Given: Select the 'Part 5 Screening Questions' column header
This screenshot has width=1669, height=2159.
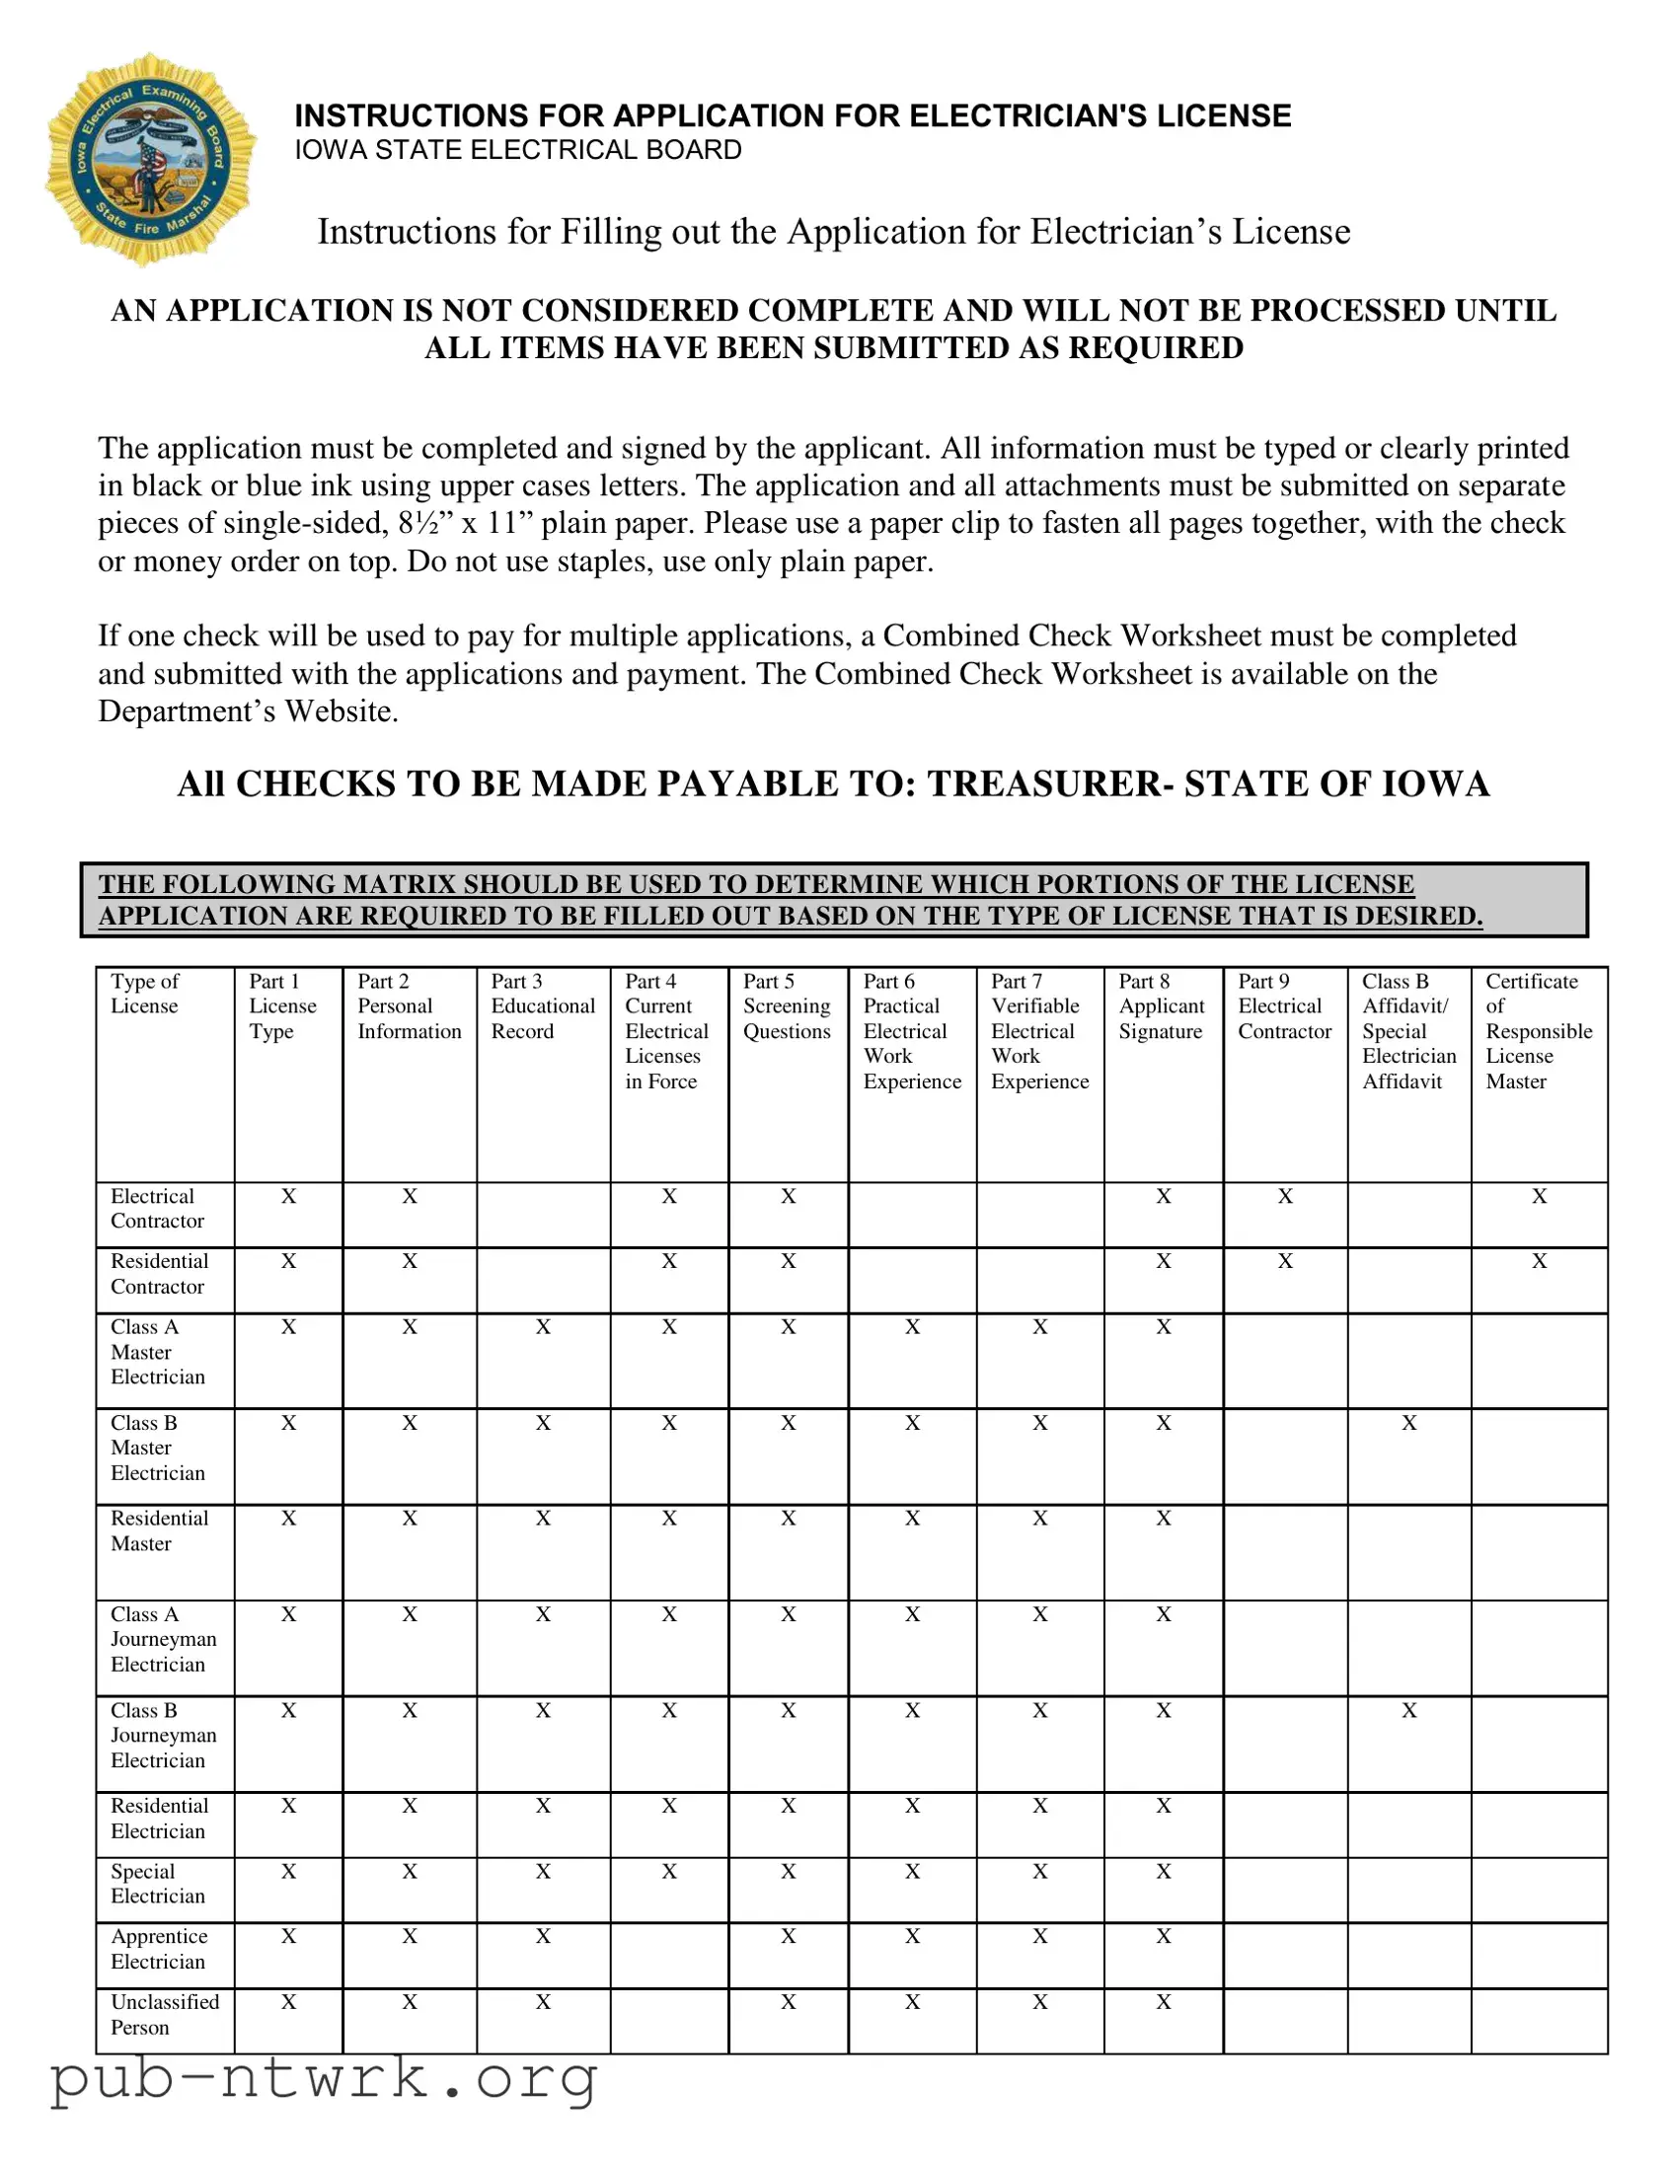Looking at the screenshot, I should (x=786, y=1006).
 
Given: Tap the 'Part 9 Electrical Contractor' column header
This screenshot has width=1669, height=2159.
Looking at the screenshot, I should (x=1283, y=1006).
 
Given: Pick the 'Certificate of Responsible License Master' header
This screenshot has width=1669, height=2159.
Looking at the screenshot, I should (x=1538, y=1031).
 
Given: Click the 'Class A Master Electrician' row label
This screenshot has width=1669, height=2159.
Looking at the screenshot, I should (x=157, y=1352).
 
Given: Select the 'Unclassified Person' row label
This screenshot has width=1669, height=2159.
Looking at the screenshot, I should (x=164, y=2014).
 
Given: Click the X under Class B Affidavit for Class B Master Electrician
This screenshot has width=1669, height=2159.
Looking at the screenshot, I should (x=1409, y=1423).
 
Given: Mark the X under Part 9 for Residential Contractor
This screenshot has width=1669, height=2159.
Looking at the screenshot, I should (x=1284, y=1261).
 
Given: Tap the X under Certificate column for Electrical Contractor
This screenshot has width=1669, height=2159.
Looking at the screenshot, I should (x=1539, y=1196).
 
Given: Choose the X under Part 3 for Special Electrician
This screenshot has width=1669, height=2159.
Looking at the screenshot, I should (x=543, y=1871).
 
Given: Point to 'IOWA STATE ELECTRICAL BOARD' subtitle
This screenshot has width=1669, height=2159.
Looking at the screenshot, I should (x=518, y=150).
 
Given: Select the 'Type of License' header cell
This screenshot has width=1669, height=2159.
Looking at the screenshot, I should (x=145, y=994).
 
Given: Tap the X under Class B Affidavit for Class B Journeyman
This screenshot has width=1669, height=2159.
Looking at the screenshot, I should (x=1409, y=1710).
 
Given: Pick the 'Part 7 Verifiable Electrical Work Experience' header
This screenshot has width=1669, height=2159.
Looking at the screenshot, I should (x=1038, y=1031).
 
